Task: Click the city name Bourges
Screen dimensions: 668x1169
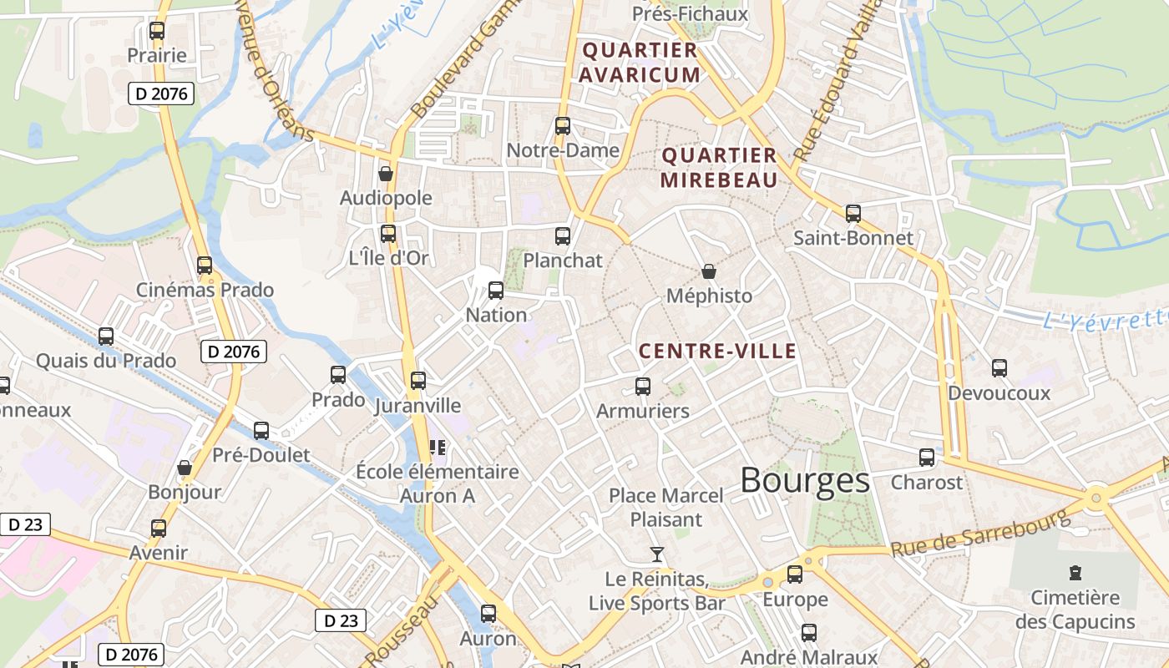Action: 804,481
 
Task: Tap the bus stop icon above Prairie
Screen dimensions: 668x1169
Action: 156,32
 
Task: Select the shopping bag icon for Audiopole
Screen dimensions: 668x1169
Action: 386,174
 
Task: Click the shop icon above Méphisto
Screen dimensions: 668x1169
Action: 708,271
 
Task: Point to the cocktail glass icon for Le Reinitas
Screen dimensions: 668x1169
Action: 657,554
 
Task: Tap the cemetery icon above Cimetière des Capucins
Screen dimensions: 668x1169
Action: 1075,573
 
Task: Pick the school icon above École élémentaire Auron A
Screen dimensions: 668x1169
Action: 437,448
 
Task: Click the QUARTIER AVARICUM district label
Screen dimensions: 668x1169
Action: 640,63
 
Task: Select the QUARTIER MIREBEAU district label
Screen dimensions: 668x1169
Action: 719,168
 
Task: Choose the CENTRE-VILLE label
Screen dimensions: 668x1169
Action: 717,352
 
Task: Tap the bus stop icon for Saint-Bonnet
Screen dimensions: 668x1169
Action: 853,214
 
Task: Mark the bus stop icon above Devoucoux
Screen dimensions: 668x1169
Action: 999,368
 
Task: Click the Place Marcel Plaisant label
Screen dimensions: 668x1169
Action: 665,508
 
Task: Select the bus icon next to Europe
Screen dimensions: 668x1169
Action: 795,574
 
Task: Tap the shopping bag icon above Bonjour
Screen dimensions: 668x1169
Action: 185,468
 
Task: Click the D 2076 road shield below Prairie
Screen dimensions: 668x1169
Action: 161,94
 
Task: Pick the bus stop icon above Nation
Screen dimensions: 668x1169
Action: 496,291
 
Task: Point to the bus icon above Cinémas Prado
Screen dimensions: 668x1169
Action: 205,266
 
